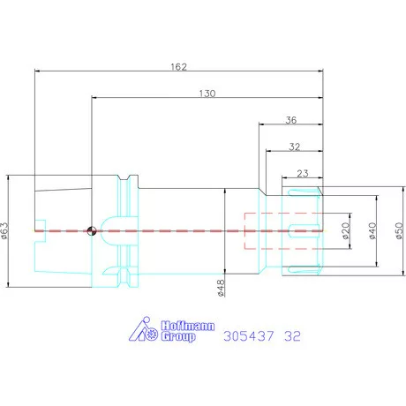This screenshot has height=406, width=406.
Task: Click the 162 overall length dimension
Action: pos(178,67)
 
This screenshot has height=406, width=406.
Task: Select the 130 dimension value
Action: pos(207,94)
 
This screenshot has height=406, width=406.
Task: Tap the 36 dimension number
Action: pos(291,120)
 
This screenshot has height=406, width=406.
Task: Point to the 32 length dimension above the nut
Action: pos(294,147)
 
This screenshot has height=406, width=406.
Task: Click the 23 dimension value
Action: pos(303,173)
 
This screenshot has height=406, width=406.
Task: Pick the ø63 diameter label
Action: pos(4,230)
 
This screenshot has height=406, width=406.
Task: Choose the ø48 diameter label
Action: pos(221,288)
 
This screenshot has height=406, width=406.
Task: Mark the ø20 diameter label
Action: pos(346,230)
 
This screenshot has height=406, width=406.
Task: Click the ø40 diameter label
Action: pos(372,230)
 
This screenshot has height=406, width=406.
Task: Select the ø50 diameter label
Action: pos(399,230)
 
